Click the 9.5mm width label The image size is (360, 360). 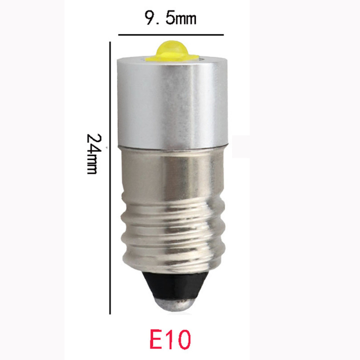click(x=171, y=19)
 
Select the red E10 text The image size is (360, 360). click(x=170, y=340)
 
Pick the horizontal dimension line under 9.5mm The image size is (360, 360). click(x=171, y=35)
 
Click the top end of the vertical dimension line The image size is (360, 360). click(x=110, y=43)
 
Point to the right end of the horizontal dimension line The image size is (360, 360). click(x=223, y=35)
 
